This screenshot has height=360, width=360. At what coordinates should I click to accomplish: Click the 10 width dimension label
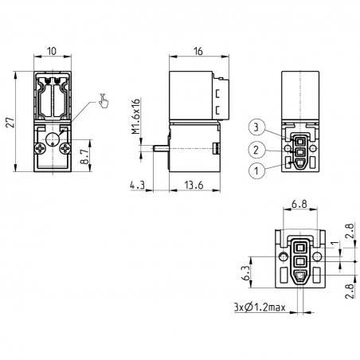click(x=52, y=51)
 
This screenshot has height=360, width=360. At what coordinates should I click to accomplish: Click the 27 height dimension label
click(x=11, y=123)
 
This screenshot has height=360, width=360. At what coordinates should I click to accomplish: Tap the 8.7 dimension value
click(x=84, y=156)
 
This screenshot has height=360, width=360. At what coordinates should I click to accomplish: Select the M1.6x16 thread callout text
click(x=135, y=116)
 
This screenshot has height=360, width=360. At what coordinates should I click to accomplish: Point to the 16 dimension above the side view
click(x=198, y=51)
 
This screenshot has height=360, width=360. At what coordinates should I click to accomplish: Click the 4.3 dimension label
click(x=137, y=185)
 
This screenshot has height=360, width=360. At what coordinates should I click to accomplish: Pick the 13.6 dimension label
click(x=194, y=185)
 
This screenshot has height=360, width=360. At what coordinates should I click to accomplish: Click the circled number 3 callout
click(x=256, y=127)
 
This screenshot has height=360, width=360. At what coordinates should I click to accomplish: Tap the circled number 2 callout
click(x=256, y=150)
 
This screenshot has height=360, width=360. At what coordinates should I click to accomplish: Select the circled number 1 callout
click(x=256, y=171)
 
